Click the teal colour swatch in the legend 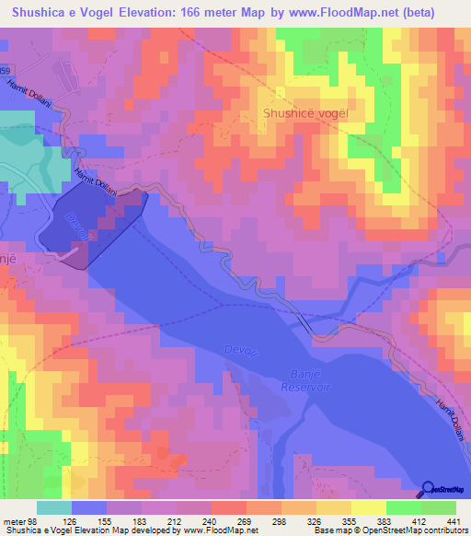tap(54, 507)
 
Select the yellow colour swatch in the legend tap(369, 507)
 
